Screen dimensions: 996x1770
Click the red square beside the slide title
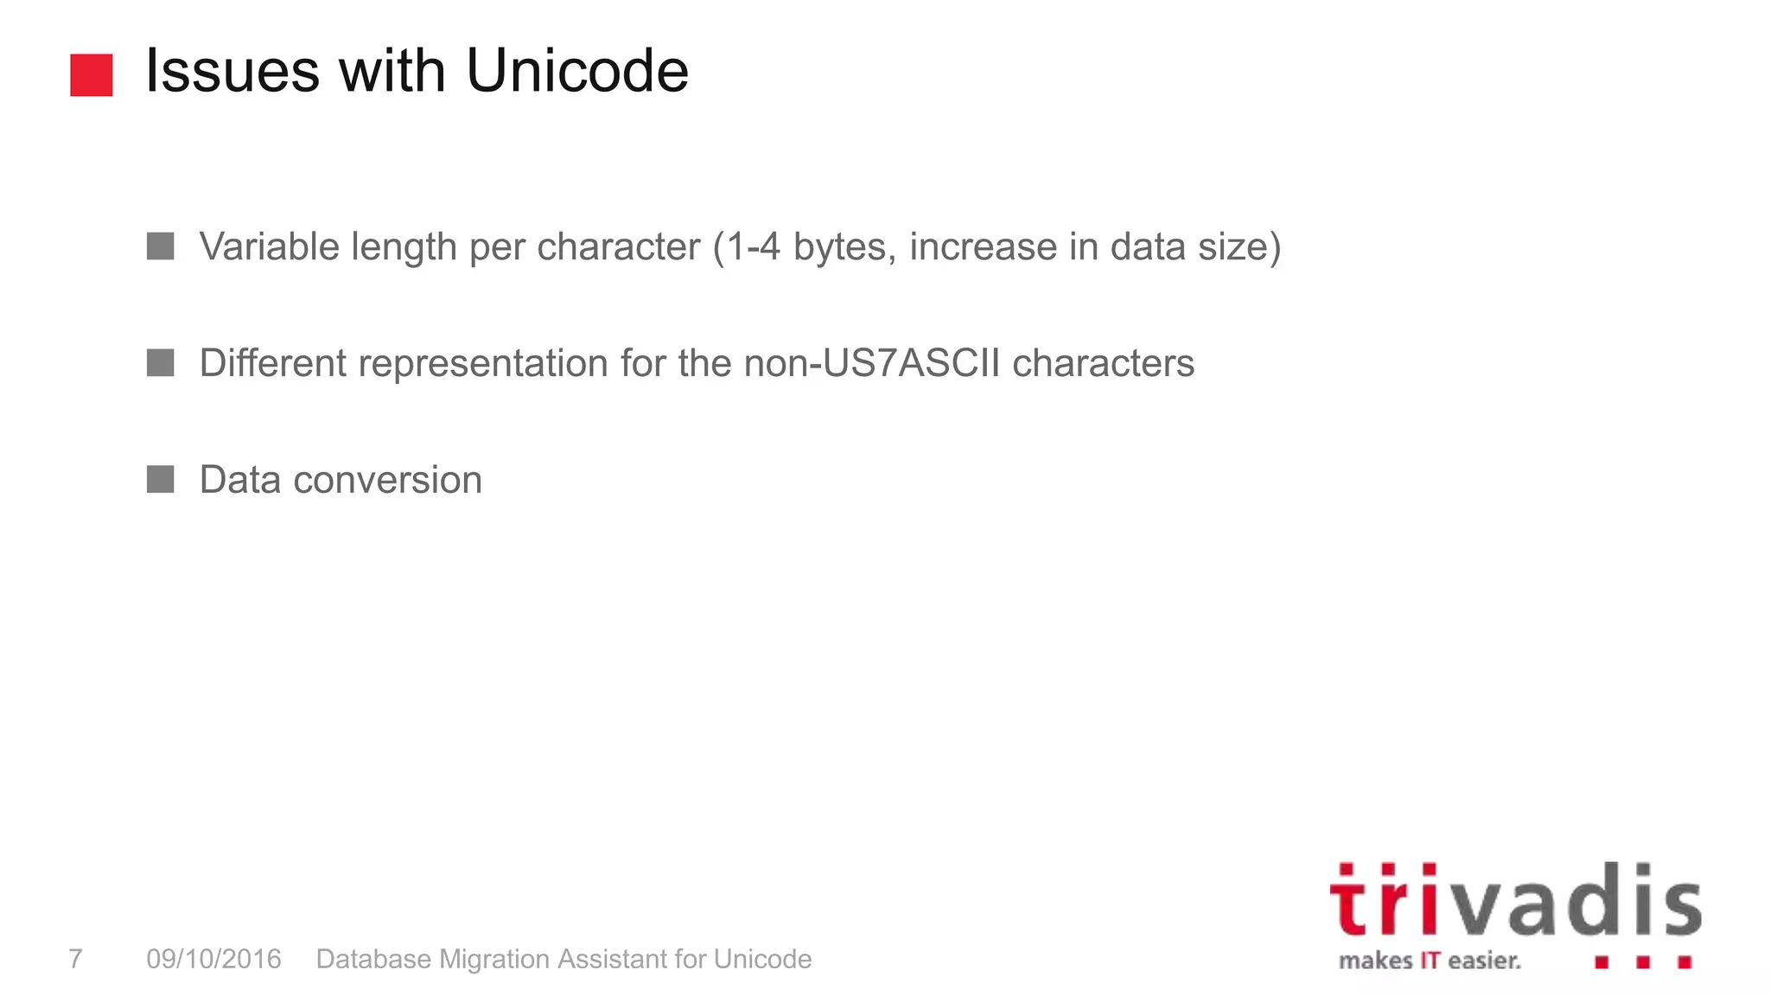point(92,75)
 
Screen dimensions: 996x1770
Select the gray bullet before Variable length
point(161,246)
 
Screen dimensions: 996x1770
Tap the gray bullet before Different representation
point(161,363)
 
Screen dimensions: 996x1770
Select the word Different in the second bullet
point(272,363)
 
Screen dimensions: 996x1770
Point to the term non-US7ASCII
point(872,363)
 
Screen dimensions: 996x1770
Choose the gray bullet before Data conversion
point(161,479)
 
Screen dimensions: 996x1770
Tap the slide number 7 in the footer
point(75,959)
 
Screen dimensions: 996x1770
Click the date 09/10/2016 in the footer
point(213,959)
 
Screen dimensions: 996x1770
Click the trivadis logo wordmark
point(1515,902)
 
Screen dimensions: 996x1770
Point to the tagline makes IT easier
point(1429,961)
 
